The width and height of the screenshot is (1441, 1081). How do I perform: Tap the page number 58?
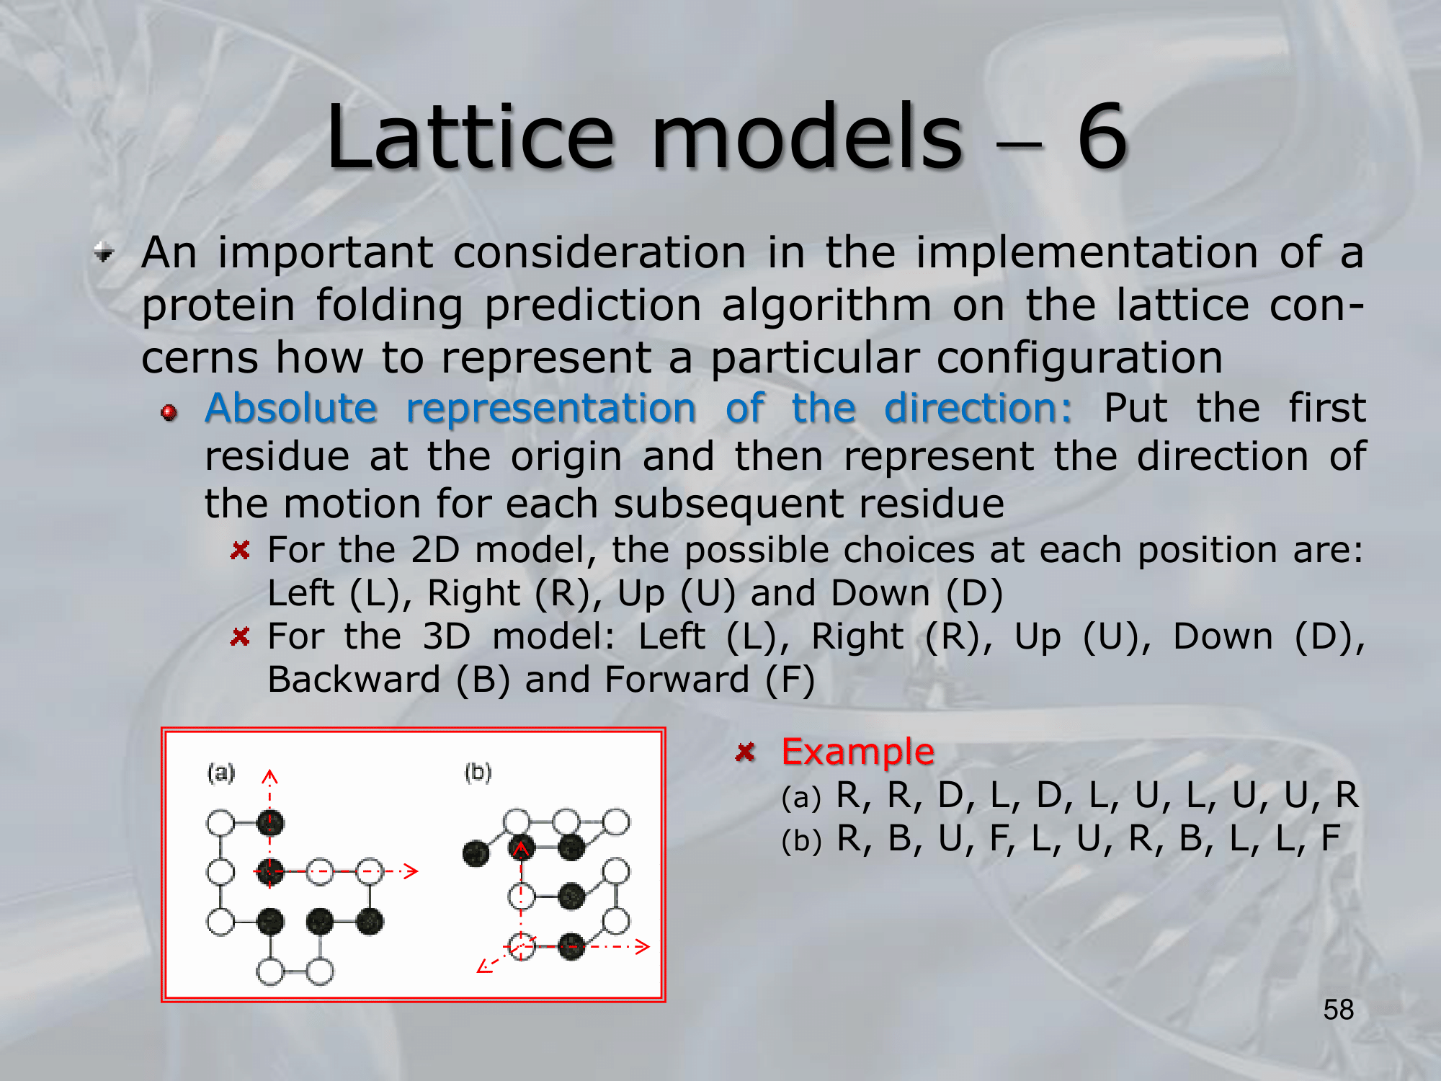pos(1339,1010)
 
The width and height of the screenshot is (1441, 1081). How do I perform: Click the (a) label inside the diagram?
pos(221,773)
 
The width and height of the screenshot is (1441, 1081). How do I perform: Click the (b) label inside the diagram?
pos(478,773)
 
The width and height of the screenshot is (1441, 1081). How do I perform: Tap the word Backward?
pos(354,680)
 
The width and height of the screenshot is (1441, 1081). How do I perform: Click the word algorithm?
pos(827,306)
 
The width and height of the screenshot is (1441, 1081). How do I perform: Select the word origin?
pos(566,457)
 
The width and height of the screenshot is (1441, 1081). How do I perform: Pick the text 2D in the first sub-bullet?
pos(435,551)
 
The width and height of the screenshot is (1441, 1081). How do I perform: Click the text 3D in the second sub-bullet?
pos(447,637)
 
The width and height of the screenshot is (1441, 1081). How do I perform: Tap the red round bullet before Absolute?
pos(169,412)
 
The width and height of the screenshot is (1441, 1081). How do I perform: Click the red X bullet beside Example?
pos(745,752)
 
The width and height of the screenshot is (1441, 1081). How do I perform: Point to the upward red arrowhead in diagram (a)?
pos(270,776)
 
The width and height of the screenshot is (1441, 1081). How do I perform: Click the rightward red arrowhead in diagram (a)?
pos(411,871)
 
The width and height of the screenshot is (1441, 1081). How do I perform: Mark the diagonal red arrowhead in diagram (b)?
pos(484,966)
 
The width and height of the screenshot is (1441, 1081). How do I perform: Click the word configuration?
pos(967,358)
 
